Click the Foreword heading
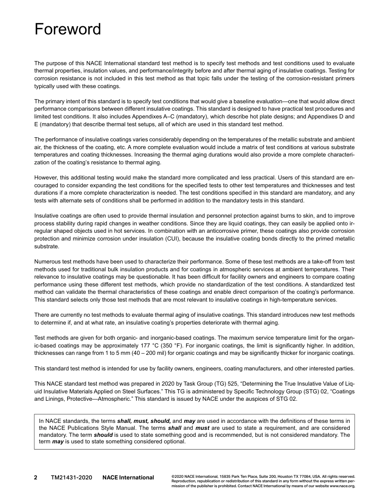point(68,30)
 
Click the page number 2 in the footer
point(36,477)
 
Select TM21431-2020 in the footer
point(71,477)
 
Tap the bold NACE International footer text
point(128,477)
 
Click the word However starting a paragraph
point(46,178)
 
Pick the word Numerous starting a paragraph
point(47,261)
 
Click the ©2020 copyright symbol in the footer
point(178,477)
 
